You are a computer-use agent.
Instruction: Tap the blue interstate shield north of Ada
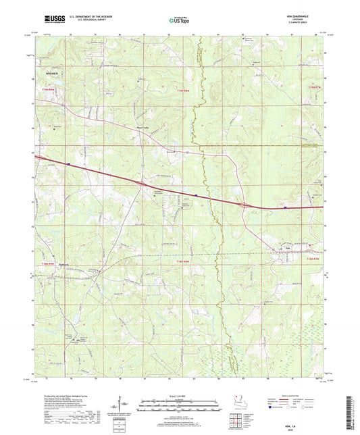coord(284,207)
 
